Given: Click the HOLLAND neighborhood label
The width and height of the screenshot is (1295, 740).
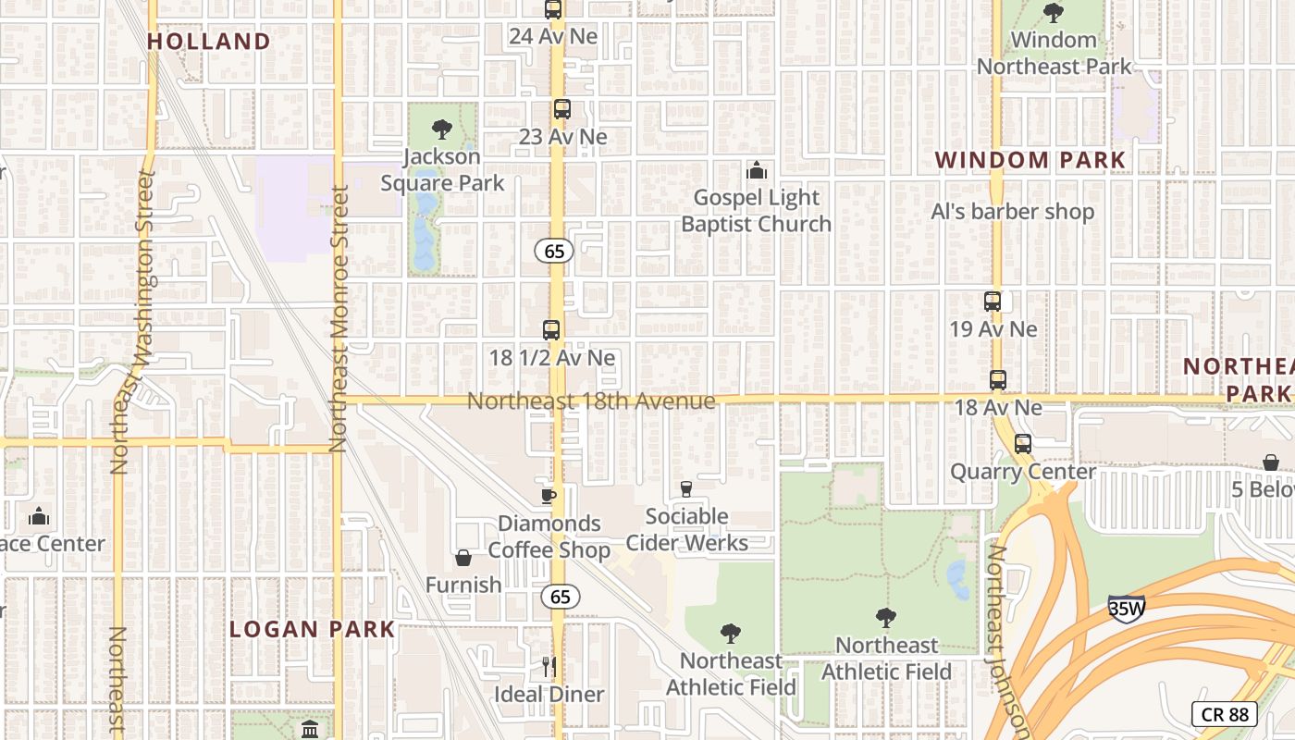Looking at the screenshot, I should tap(208, 42).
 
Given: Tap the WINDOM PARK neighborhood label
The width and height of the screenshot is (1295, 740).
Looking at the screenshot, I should tap(1030, 160).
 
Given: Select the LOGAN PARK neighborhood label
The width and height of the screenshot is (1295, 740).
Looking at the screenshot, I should tap(312, 630).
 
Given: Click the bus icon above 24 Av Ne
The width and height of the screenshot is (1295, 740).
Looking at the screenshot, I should tap(553, 10).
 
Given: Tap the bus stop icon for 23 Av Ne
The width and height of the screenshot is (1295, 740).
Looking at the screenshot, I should tap(562, 109).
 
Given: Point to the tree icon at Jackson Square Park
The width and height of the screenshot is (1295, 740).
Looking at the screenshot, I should tap(442, 129).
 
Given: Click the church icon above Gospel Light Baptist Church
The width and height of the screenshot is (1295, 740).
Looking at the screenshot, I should tap(757, 171).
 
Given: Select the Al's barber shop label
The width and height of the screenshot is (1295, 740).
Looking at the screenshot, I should tap(1012, 212).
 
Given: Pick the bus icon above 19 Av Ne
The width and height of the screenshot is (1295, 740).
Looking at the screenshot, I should tap(993, 302).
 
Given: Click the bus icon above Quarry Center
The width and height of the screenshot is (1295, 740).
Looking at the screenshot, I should tap(1023, 444).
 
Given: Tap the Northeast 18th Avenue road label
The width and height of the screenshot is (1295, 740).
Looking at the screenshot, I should tap(591, 401).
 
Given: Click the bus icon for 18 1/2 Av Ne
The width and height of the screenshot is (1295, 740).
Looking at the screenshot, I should tap(551, 330).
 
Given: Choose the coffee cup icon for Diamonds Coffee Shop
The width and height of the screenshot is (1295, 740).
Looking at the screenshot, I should tap(549, 496).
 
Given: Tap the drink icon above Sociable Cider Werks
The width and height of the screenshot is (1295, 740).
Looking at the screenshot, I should tap(686, 489).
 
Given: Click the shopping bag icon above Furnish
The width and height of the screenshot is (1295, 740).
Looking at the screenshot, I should tap(463, 558).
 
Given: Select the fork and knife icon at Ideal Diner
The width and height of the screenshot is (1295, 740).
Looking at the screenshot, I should tap(549, 666).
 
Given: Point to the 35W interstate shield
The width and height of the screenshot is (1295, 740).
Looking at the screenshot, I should tap(1127, 608).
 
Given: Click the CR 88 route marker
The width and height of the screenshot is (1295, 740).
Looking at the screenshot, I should tap(1224, 714).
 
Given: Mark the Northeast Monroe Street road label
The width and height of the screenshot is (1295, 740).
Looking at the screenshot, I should tap(338, 319).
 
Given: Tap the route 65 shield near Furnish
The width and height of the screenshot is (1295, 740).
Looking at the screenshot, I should tap(561, 597).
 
